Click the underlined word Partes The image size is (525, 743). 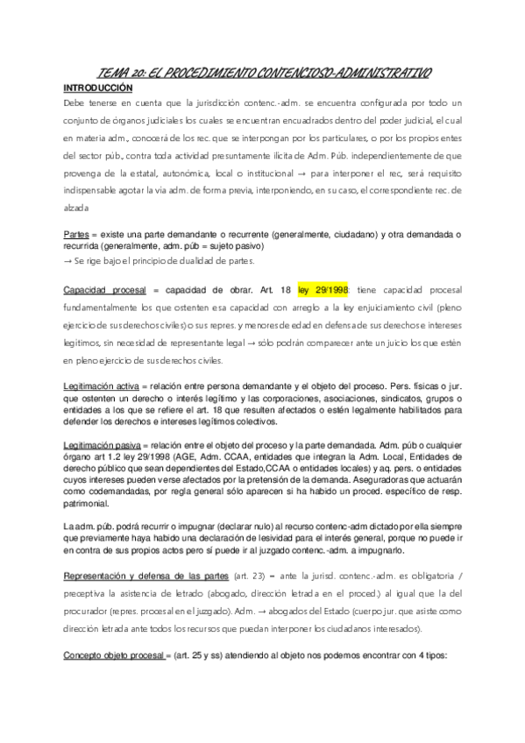tap(75, 235)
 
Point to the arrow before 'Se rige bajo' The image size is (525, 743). tap(68, 261)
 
